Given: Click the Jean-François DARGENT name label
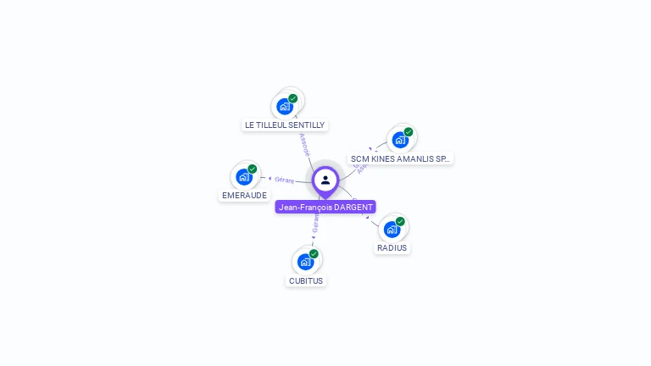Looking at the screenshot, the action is coord(325,207).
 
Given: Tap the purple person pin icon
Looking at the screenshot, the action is coord(325,180).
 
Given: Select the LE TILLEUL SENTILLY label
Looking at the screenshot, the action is coord(285,125).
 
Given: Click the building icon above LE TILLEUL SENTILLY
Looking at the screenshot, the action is coord(285,107).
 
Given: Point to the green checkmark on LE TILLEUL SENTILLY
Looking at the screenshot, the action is coord(293,98).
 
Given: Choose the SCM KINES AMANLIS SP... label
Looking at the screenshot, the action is coord(400,158).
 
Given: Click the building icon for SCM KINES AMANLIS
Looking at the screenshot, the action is coord(400,140).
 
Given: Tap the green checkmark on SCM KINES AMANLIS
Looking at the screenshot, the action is coord(409,131).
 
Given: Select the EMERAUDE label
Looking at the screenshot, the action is coord(244,195).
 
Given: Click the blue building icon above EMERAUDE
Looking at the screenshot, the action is coord(244,177).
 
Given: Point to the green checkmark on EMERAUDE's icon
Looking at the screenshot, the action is coord(253,169).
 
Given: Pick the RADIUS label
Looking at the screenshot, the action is coord(392,248).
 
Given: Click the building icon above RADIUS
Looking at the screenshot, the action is coord(392,229).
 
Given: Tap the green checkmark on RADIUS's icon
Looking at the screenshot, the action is coord(400,221).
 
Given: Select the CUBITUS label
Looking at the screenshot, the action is coord(306,280).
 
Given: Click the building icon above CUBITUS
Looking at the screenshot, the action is coord(305,262).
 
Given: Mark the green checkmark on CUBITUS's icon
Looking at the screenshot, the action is coord(314,253).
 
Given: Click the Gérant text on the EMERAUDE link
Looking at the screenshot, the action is coord(284,180).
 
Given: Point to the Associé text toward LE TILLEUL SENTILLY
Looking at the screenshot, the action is coord(304,144).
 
